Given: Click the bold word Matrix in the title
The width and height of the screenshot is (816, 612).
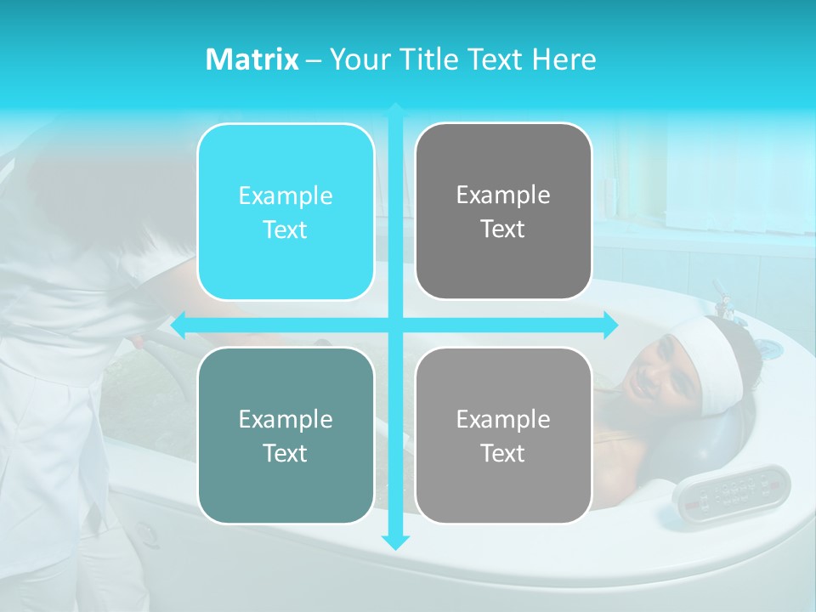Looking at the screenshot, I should [x=252, y=59].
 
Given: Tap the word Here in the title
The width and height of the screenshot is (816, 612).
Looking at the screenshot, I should [x=564, y=59].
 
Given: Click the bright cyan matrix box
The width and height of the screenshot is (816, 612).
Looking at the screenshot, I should [x=286, y=212].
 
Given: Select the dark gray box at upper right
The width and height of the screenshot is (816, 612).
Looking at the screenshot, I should [x=503, y=212].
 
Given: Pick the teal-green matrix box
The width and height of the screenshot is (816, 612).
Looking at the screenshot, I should [x=286, y=435].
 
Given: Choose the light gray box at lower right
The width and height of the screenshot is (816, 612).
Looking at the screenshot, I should [x=503, y=435].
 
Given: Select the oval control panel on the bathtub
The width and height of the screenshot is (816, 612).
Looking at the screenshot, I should [x=732, y=490].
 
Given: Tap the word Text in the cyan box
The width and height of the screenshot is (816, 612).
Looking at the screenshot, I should [x=286, y=229].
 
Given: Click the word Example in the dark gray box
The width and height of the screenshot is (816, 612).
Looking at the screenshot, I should [x=503, y=195].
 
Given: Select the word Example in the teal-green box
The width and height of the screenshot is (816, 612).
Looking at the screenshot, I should [x=286, y=419].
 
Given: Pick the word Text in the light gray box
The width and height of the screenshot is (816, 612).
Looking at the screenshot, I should [x=503, y=453].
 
